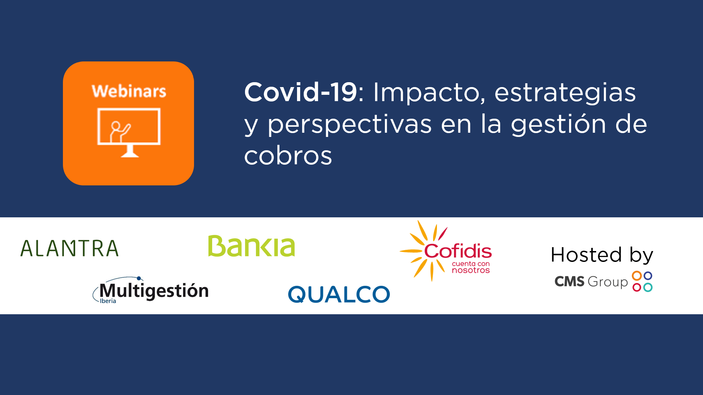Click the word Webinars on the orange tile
pos(129,91)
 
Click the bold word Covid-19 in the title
pos(301,92)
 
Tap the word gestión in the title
pos(558,124)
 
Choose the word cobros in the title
pos(288,156)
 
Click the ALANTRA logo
pos(69,248)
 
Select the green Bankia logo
pos(251,246)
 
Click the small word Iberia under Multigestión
pos(108,301)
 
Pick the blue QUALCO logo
pos(339,294)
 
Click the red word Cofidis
pos(458,251)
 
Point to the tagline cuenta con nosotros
pos(471,267)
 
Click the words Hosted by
pos(602,255)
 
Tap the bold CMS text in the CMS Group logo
pos(569,282)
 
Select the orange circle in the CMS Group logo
pos(637,276)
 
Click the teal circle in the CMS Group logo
pos(648,287)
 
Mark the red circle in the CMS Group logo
pos(637,288)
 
